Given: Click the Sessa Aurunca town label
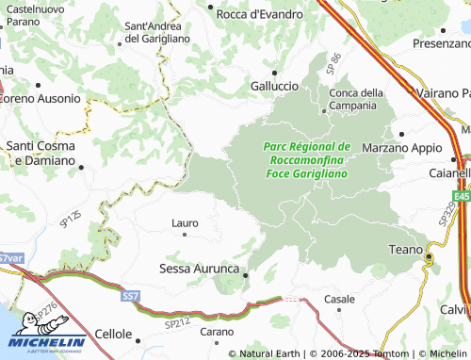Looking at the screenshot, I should (x=199, y=269).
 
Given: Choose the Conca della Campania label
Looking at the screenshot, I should (x=356, y=98).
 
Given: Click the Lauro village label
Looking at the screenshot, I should (x=185, y=223).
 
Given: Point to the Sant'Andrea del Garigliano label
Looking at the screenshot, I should (x=157, y=32).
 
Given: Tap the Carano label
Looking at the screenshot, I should (x=216, y=332).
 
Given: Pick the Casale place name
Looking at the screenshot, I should (x=339, y=299).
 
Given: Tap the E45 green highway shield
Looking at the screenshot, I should (x=460, y=196).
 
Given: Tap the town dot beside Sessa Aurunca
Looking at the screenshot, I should (x=246, y=275).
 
